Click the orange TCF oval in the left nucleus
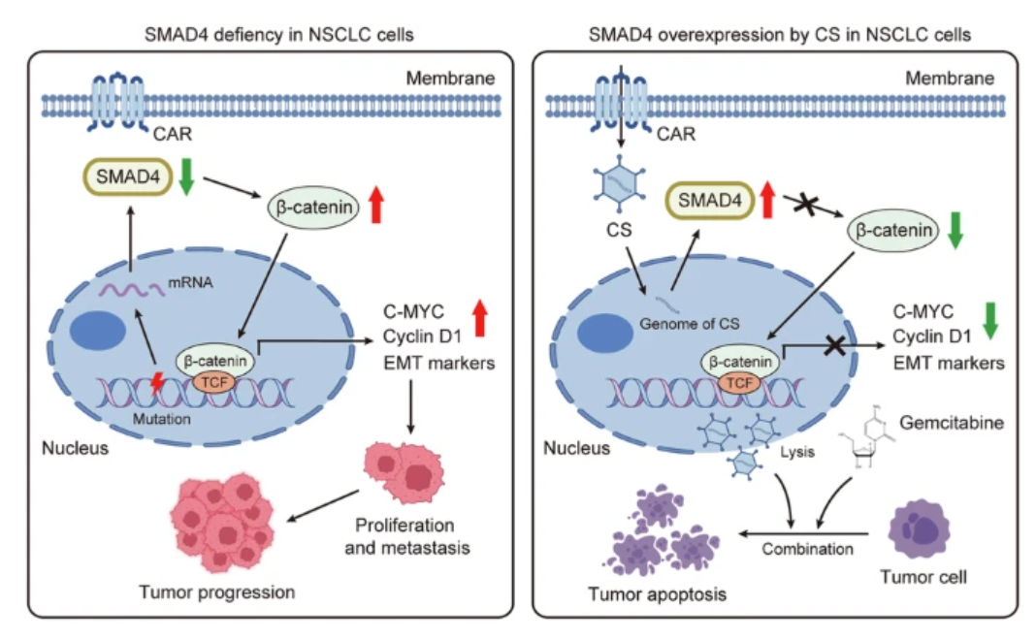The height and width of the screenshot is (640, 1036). (210, 382)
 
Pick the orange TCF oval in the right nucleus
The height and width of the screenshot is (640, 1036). (739, 383)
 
